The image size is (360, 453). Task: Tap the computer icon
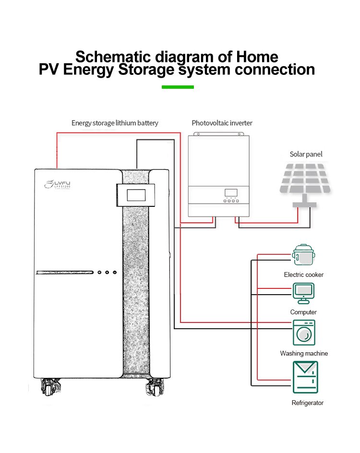pyautogui.click(x=303, y=293)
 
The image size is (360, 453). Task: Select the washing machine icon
pyautogui.click(x=304, y=332)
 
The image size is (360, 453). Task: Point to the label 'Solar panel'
pyautogui.click(x=306, y=154)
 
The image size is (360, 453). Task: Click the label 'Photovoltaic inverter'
pyautogui.click(x=222, y=123)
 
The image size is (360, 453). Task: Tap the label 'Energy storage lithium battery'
pyautogui.click(x=115, y=123)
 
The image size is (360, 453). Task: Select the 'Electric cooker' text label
pyautogui.click(x=303, y=275)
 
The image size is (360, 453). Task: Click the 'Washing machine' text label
pyautogui.click(x=304, y=354)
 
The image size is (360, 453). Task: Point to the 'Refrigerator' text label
pyautogui.click(x=308, y=403)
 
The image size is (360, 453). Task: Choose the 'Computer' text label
pyautogui.click(x=303, y=312)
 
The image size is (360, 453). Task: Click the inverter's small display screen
pyautogui.click(x=231, y=192)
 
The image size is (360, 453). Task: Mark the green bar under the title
pyautogui.click(x=178, y=87)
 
